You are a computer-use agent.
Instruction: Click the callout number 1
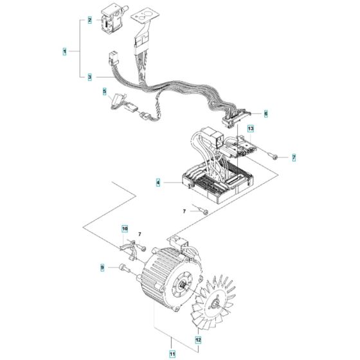(x=64, y=50)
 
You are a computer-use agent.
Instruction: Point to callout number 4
(x=157, y=183)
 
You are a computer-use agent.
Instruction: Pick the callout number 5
(x=105, y=92)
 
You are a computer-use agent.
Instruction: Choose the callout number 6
(x=266, y=113)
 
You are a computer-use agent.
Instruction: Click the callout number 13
(x=251, y=129)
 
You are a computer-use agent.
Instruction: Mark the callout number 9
(x=102, y=267)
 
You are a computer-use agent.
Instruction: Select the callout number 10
(x=125, y=228)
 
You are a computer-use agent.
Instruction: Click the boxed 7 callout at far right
(x=294, y=157)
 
